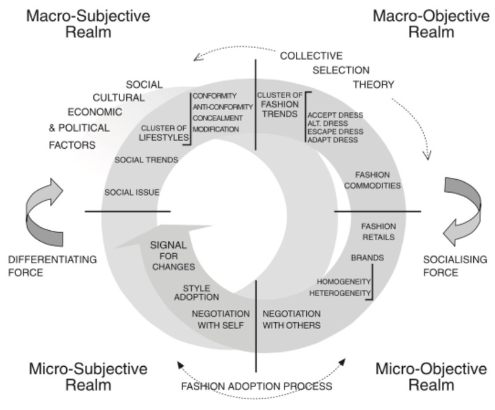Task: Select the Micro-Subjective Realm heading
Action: tap(88, 377)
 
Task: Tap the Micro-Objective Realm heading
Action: tap(431, 377)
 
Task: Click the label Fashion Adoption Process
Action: tap(256, 387)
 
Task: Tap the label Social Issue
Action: tap(132, 192)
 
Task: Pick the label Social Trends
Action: tap(147, 159)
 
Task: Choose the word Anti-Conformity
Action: tap(223, 107)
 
